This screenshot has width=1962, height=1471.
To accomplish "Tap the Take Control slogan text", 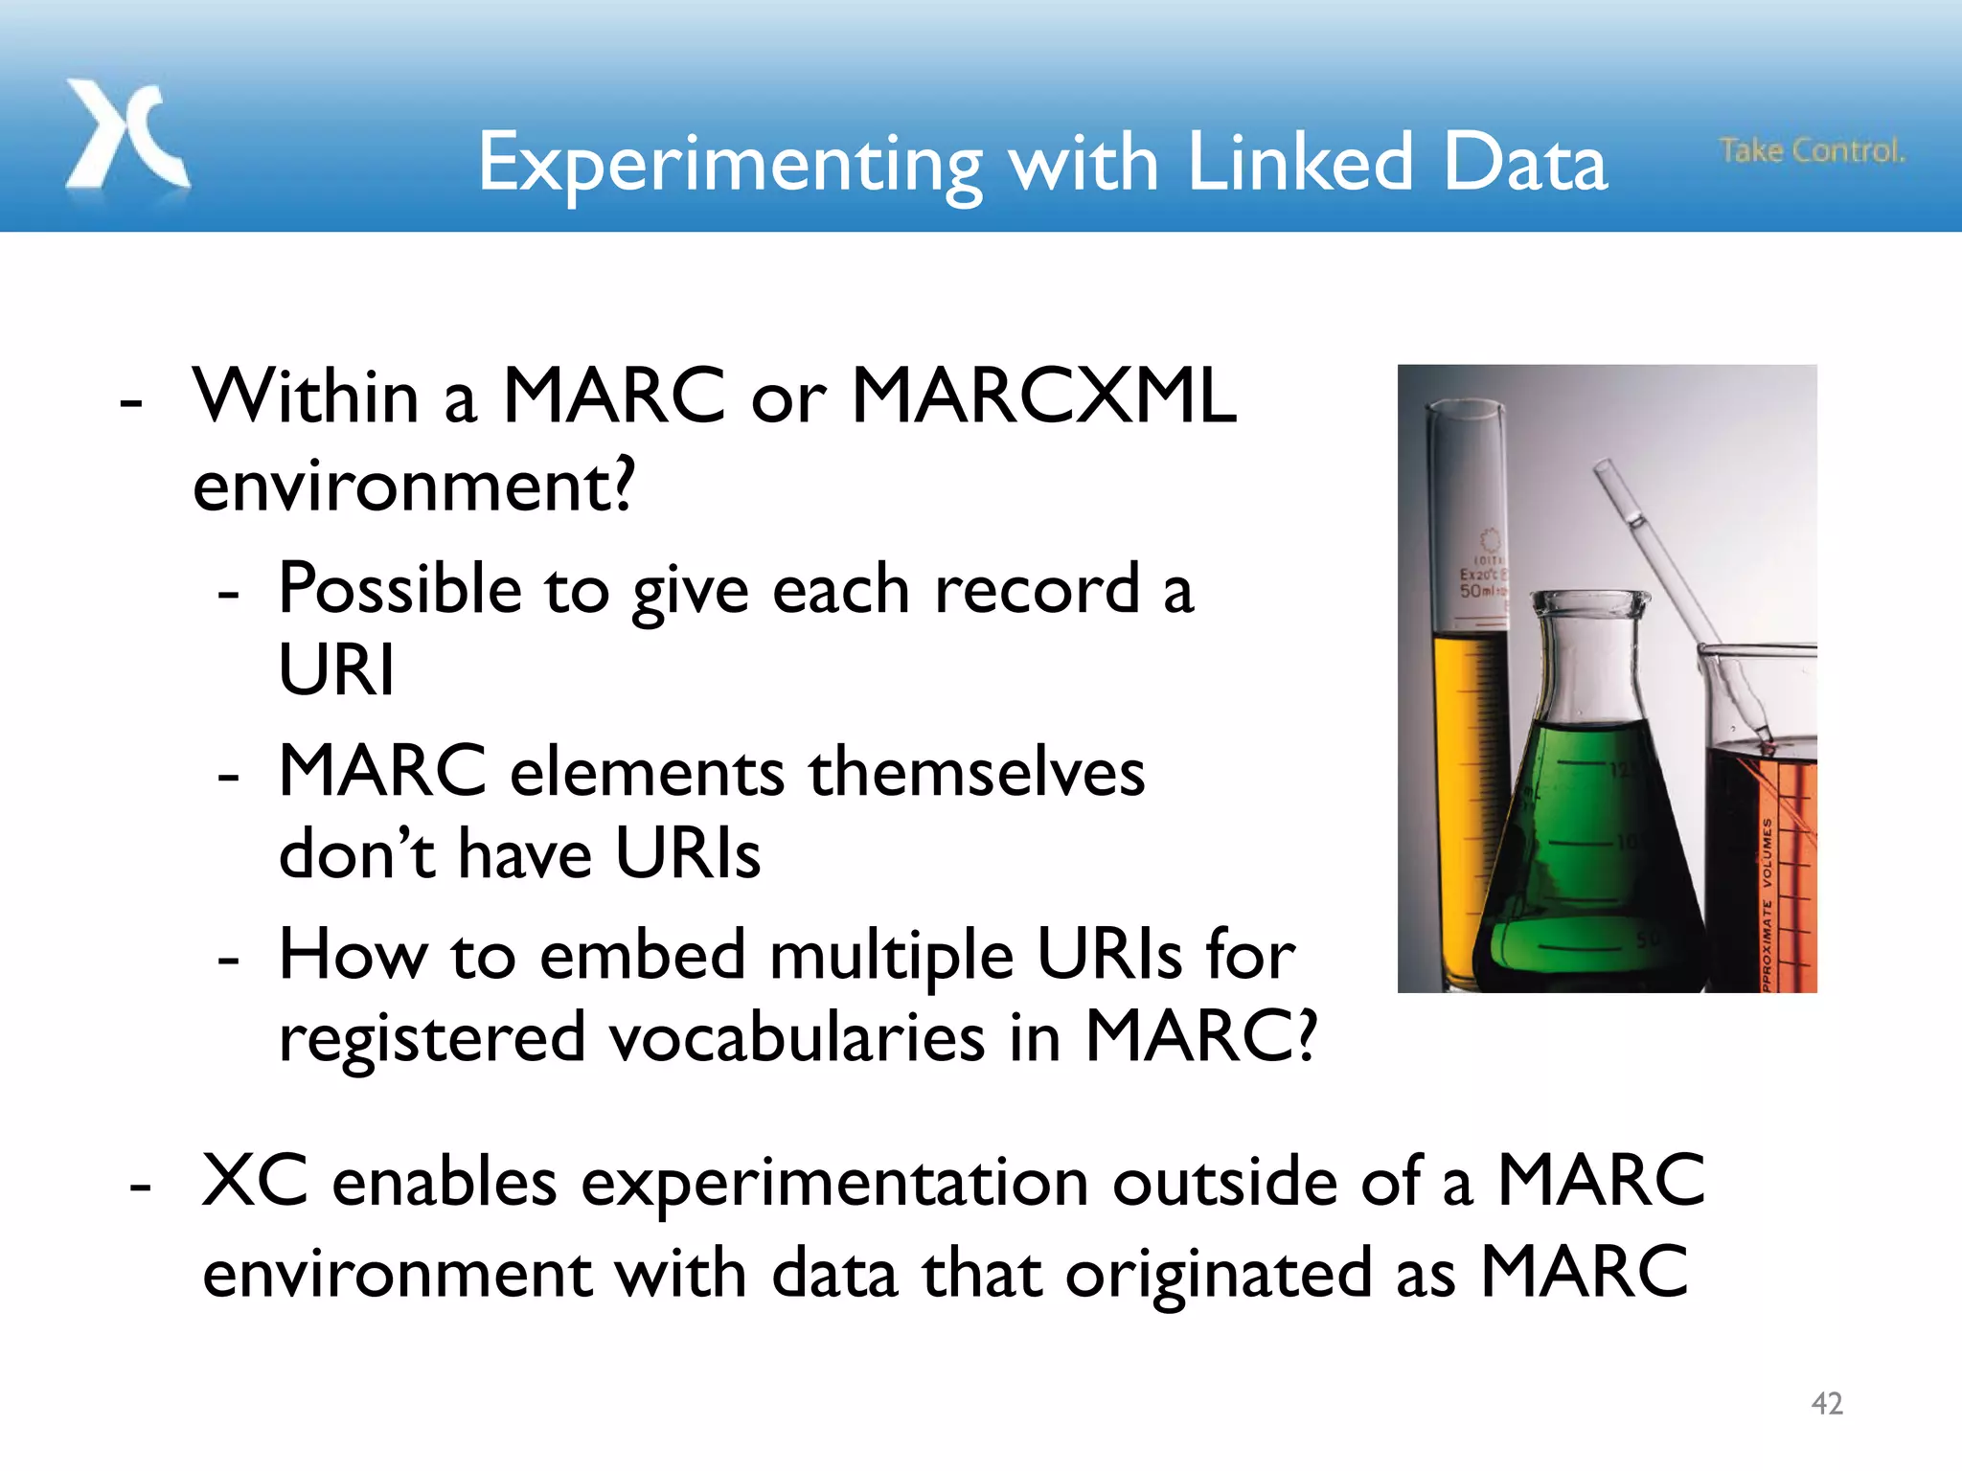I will [x=1812, y=150].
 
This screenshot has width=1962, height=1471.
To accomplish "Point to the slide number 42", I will [x=1827, y=1403].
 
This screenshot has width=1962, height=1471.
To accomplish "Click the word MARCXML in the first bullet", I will [x=1043, y=396].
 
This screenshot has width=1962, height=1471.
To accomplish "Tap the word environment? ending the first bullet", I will [x=413, y=487].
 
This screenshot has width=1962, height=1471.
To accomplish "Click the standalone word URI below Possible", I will [x=336, y=669].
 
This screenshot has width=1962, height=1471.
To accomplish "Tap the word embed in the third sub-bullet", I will [x=642, y=955].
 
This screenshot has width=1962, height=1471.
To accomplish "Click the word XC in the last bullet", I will [x=255, y=1181].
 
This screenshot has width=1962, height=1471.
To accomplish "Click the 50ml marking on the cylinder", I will [x=1480, y=591].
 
